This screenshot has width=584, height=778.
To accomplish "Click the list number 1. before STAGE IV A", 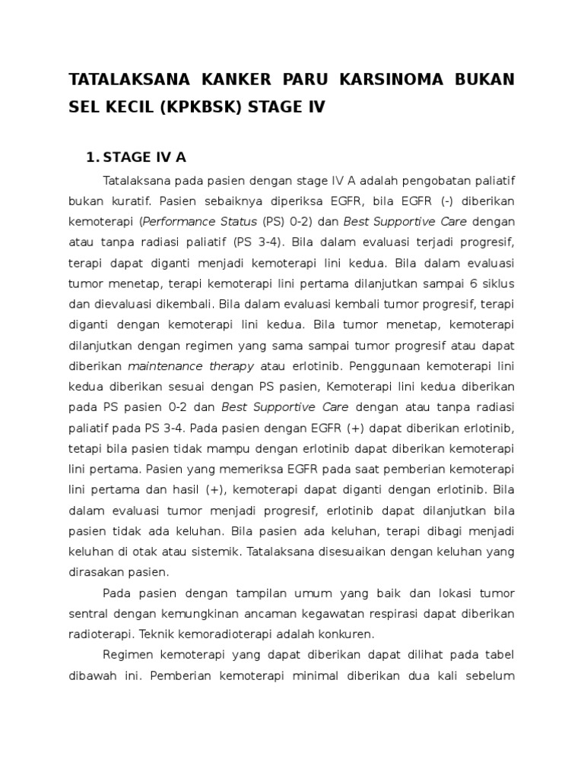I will click(x=93, y=157).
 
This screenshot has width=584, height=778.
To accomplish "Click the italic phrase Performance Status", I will click(x=200, y=222).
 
